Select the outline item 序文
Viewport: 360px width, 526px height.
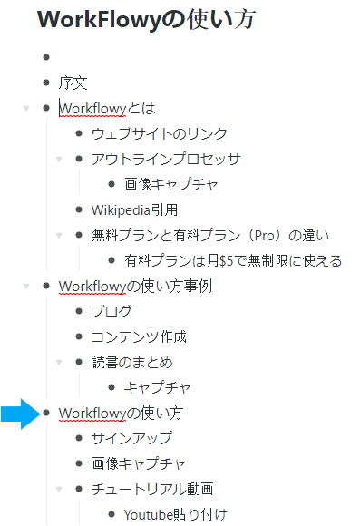point(73,83)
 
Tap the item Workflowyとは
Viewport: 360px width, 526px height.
point(107,109)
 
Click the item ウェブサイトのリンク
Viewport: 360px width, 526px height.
point(159,134)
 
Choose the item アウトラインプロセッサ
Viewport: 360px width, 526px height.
point(166,160)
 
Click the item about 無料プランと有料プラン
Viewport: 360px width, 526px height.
point(209,236)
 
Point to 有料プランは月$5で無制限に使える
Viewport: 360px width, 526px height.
point(233,261)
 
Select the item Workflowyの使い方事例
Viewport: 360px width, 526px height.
point(135,287)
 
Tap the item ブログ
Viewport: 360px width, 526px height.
point(112,312)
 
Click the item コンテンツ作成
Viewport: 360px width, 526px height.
point(139,337)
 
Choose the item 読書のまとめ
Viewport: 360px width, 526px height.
point(131,363)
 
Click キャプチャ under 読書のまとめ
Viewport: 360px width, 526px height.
point(157,388)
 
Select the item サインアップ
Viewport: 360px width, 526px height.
point(131,439)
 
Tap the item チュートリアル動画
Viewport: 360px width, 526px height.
point(151,490)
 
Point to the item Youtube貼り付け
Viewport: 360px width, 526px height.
point(174,515)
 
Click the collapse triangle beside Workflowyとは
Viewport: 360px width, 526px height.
point(26,109)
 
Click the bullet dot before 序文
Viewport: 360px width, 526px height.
point(46,83)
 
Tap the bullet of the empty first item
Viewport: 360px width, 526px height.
point(46,58)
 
